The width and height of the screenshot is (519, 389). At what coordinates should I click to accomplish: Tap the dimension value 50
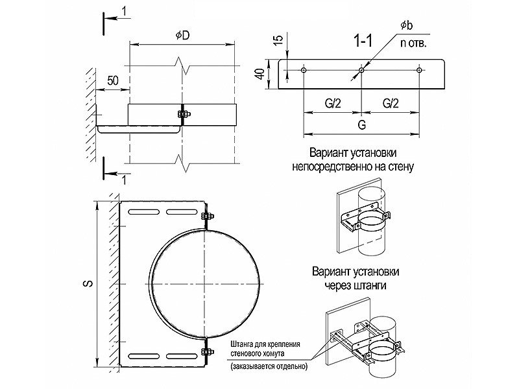112,80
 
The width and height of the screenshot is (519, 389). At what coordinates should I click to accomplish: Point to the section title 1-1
363,42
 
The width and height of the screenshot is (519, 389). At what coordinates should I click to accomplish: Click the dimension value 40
259,74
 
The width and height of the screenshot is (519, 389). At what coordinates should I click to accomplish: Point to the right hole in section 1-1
419,69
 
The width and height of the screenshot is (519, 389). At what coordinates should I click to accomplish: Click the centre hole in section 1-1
362,69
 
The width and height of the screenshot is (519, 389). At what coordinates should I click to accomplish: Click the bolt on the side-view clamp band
182,115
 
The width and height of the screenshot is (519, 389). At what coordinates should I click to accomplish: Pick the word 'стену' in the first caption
401,166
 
